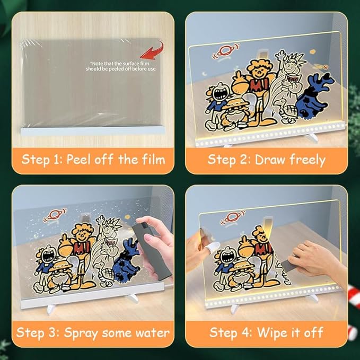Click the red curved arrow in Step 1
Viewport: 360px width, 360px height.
click(x=153, y=51)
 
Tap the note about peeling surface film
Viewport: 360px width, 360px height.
click(x=116, y=65)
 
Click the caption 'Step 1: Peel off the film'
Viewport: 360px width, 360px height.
click(x=93, y=159)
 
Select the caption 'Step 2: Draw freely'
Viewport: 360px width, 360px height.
click(x=266, y=159)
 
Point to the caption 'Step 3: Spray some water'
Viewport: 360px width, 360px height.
click(x=93, y=332)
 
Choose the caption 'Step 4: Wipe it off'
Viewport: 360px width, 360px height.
click(x=266, y=332)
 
